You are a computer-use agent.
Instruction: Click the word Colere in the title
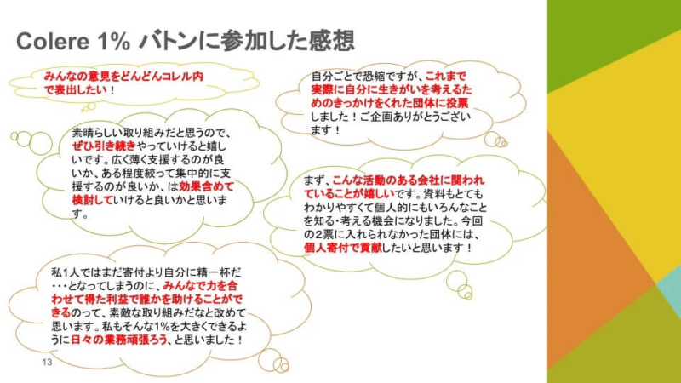click(53, 42)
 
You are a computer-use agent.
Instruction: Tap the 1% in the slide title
click(114, 42)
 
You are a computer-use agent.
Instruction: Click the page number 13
click(47, 363)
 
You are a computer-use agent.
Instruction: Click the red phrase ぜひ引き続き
click(104, 146)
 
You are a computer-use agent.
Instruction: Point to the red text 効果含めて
click(206, 186)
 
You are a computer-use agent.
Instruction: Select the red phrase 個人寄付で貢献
click(343, 248)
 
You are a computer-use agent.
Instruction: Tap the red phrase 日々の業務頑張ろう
click(119, 340)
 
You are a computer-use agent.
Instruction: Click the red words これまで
click(445, 77)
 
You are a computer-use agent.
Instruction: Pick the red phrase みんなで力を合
click(200, 286)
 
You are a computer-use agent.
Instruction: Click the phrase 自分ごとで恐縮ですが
click(367, 77)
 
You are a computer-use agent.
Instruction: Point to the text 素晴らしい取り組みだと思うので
click(152, 133)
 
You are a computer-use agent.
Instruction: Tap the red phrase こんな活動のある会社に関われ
click(409, 180)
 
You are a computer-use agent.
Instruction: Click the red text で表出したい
click(76, 90)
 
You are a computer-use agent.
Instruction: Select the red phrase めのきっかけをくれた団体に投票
click(390, 103)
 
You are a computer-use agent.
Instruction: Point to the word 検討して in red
click(92, 200)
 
